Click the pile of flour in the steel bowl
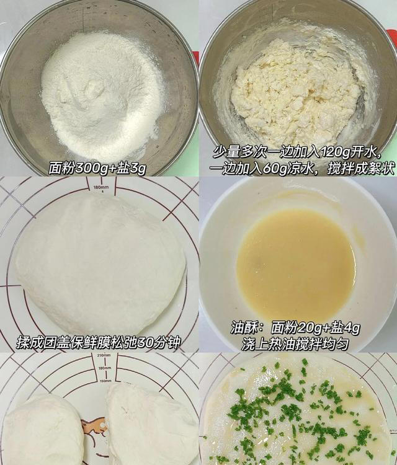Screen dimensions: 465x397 (99, 93)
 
